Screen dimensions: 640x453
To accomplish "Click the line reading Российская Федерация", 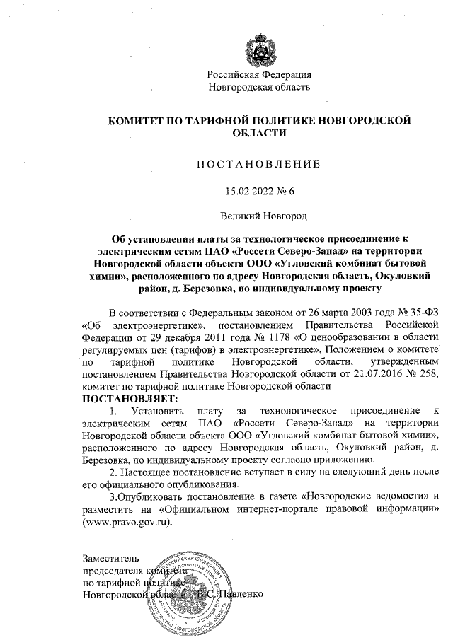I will [259, 74].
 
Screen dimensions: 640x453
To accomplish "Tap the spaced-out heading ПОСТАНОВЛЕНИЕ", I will [258, 164].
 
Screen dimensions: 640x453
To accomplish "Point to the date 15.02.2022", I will [248, 191].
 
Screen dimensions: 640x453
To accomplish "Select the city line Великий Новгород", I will [259, 216].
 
